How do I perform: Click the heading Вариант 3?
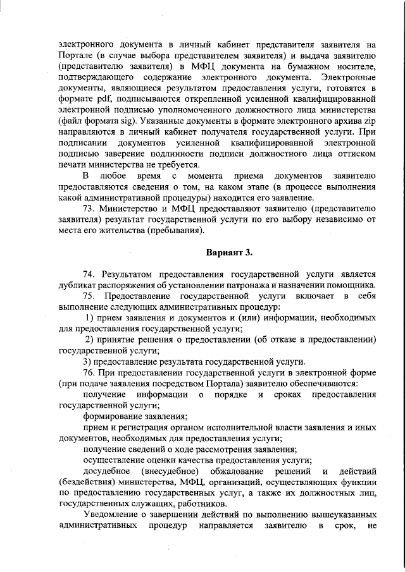230,253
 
